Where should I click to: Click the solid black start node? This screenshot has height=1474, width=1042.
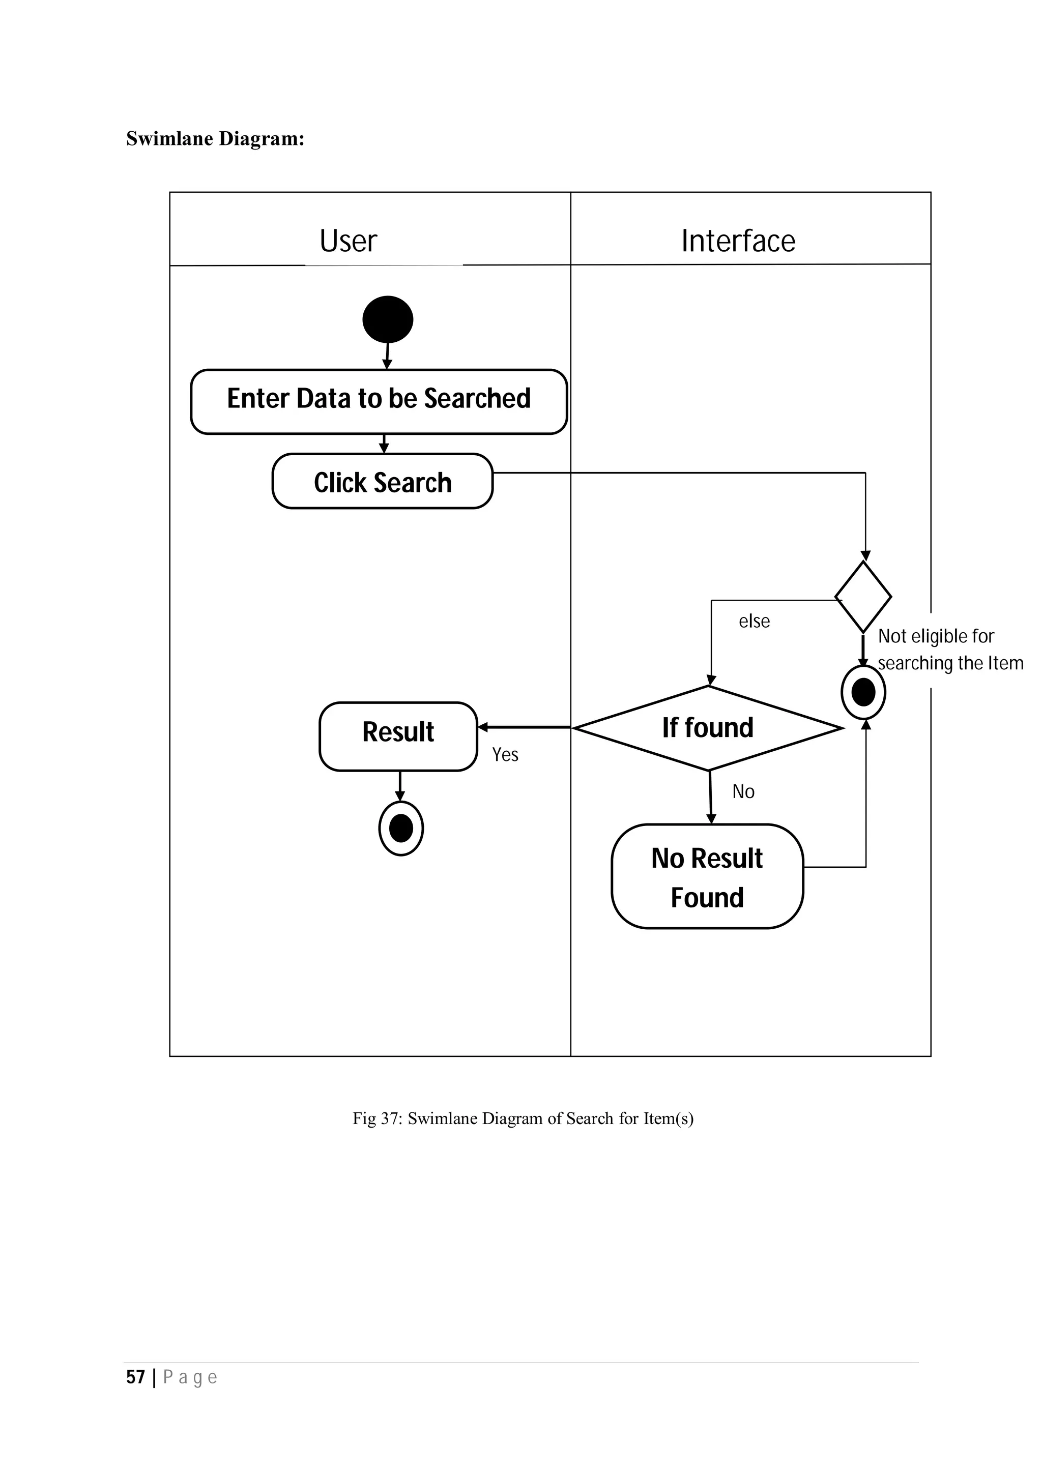pyautogui.click(x=387, y=319)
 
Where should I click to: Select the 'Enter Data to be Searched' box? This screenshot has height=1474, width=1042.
pyautogui.click(x=379, y=401)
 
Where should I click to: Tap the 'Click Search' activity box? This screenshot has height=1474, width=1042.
pyautogui.click(x=383, y=482)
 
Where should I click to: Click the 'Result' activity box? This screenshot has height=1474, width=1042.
pyautogui.click(x=398, y=736)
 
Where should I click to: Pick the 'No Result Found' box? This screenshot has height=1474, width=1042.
pyautogui.click(x=707, y=876)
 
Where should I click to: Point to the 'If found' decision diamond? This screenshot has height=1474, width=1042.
pyautogui.click(x=708, y=728)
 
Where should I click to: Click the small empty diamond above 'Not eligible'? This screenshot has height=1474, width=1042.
pyautogui.click(x=863, y=597)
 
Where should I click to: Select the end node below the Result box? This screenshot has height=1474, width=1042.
pyautogui.click(x=400, y=828)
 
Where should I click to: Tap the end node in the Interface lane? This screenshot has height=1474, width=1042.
pyautogui.click(x=863, y=693)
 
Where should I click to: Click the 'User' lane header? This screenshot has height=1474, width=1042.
pyautogui.click(x=348, y=241)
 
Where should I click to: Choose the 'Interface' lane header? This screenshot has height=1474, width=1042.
pyautogui.click(x=738, y=241)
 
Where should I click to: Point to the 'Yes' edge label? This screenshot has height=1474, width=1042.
pyautogui.click(x=505, y=754)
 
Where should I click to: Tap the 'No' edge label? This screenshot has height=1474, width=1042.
pyautogui.click(x=743, y=791)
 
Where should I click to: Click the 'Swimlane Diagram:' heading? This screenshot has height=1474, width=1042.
pyautogui.click(x=215, y=138)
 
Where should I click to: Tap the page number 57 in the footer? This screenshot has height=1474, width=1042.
pyautogui.click(x=135, y=1376)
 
